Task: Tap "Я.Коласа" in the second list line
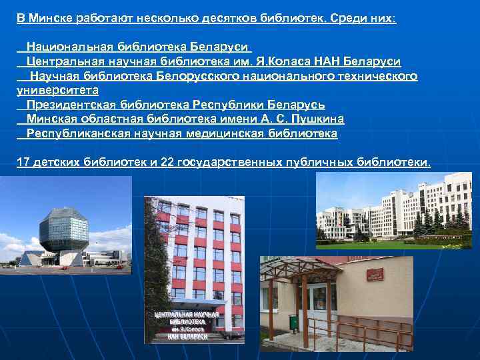coord(284,62)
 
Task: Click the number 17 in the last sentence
coord(23,163)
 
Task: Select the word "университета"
coord(57,90)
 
